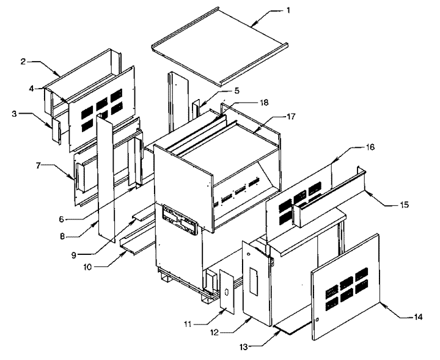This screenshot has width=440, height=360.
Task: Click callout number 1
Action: (x=288, y=10)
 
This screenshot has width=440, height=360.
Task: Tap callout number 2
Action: (x=23, y=62)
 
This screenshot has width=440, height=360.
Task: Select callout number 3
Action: (x=15, y=114)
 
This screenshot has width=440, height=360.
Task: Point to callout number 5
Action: (x=237, y=90)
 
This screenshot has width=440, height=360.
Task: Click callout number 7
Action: (x=38, y=166)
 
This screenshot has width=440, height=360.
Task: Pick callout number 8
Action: (x=62, y=237)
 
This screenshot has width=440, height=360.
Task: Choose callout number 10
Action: (x=87, y=267)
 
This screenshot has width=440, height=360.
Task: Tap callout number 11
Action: (x=188, y=325)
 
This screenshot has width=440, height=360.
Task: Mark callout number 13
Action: (x=244, y=347)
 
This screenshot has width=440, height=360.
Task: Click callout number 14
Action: (x=418, y=317)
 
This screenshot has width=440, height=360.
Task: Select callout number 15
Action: (x=404, y=205)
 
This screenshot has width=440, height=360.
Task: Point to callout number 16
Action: (x=370, y=147)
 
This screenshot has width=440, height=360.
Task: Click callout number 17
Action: (x=291, y=116)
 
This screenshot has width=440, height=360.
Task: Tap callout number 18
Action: (x=264, y=103)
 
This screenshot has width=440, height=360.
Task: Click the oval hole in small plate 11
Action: (x=227, y=292)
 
